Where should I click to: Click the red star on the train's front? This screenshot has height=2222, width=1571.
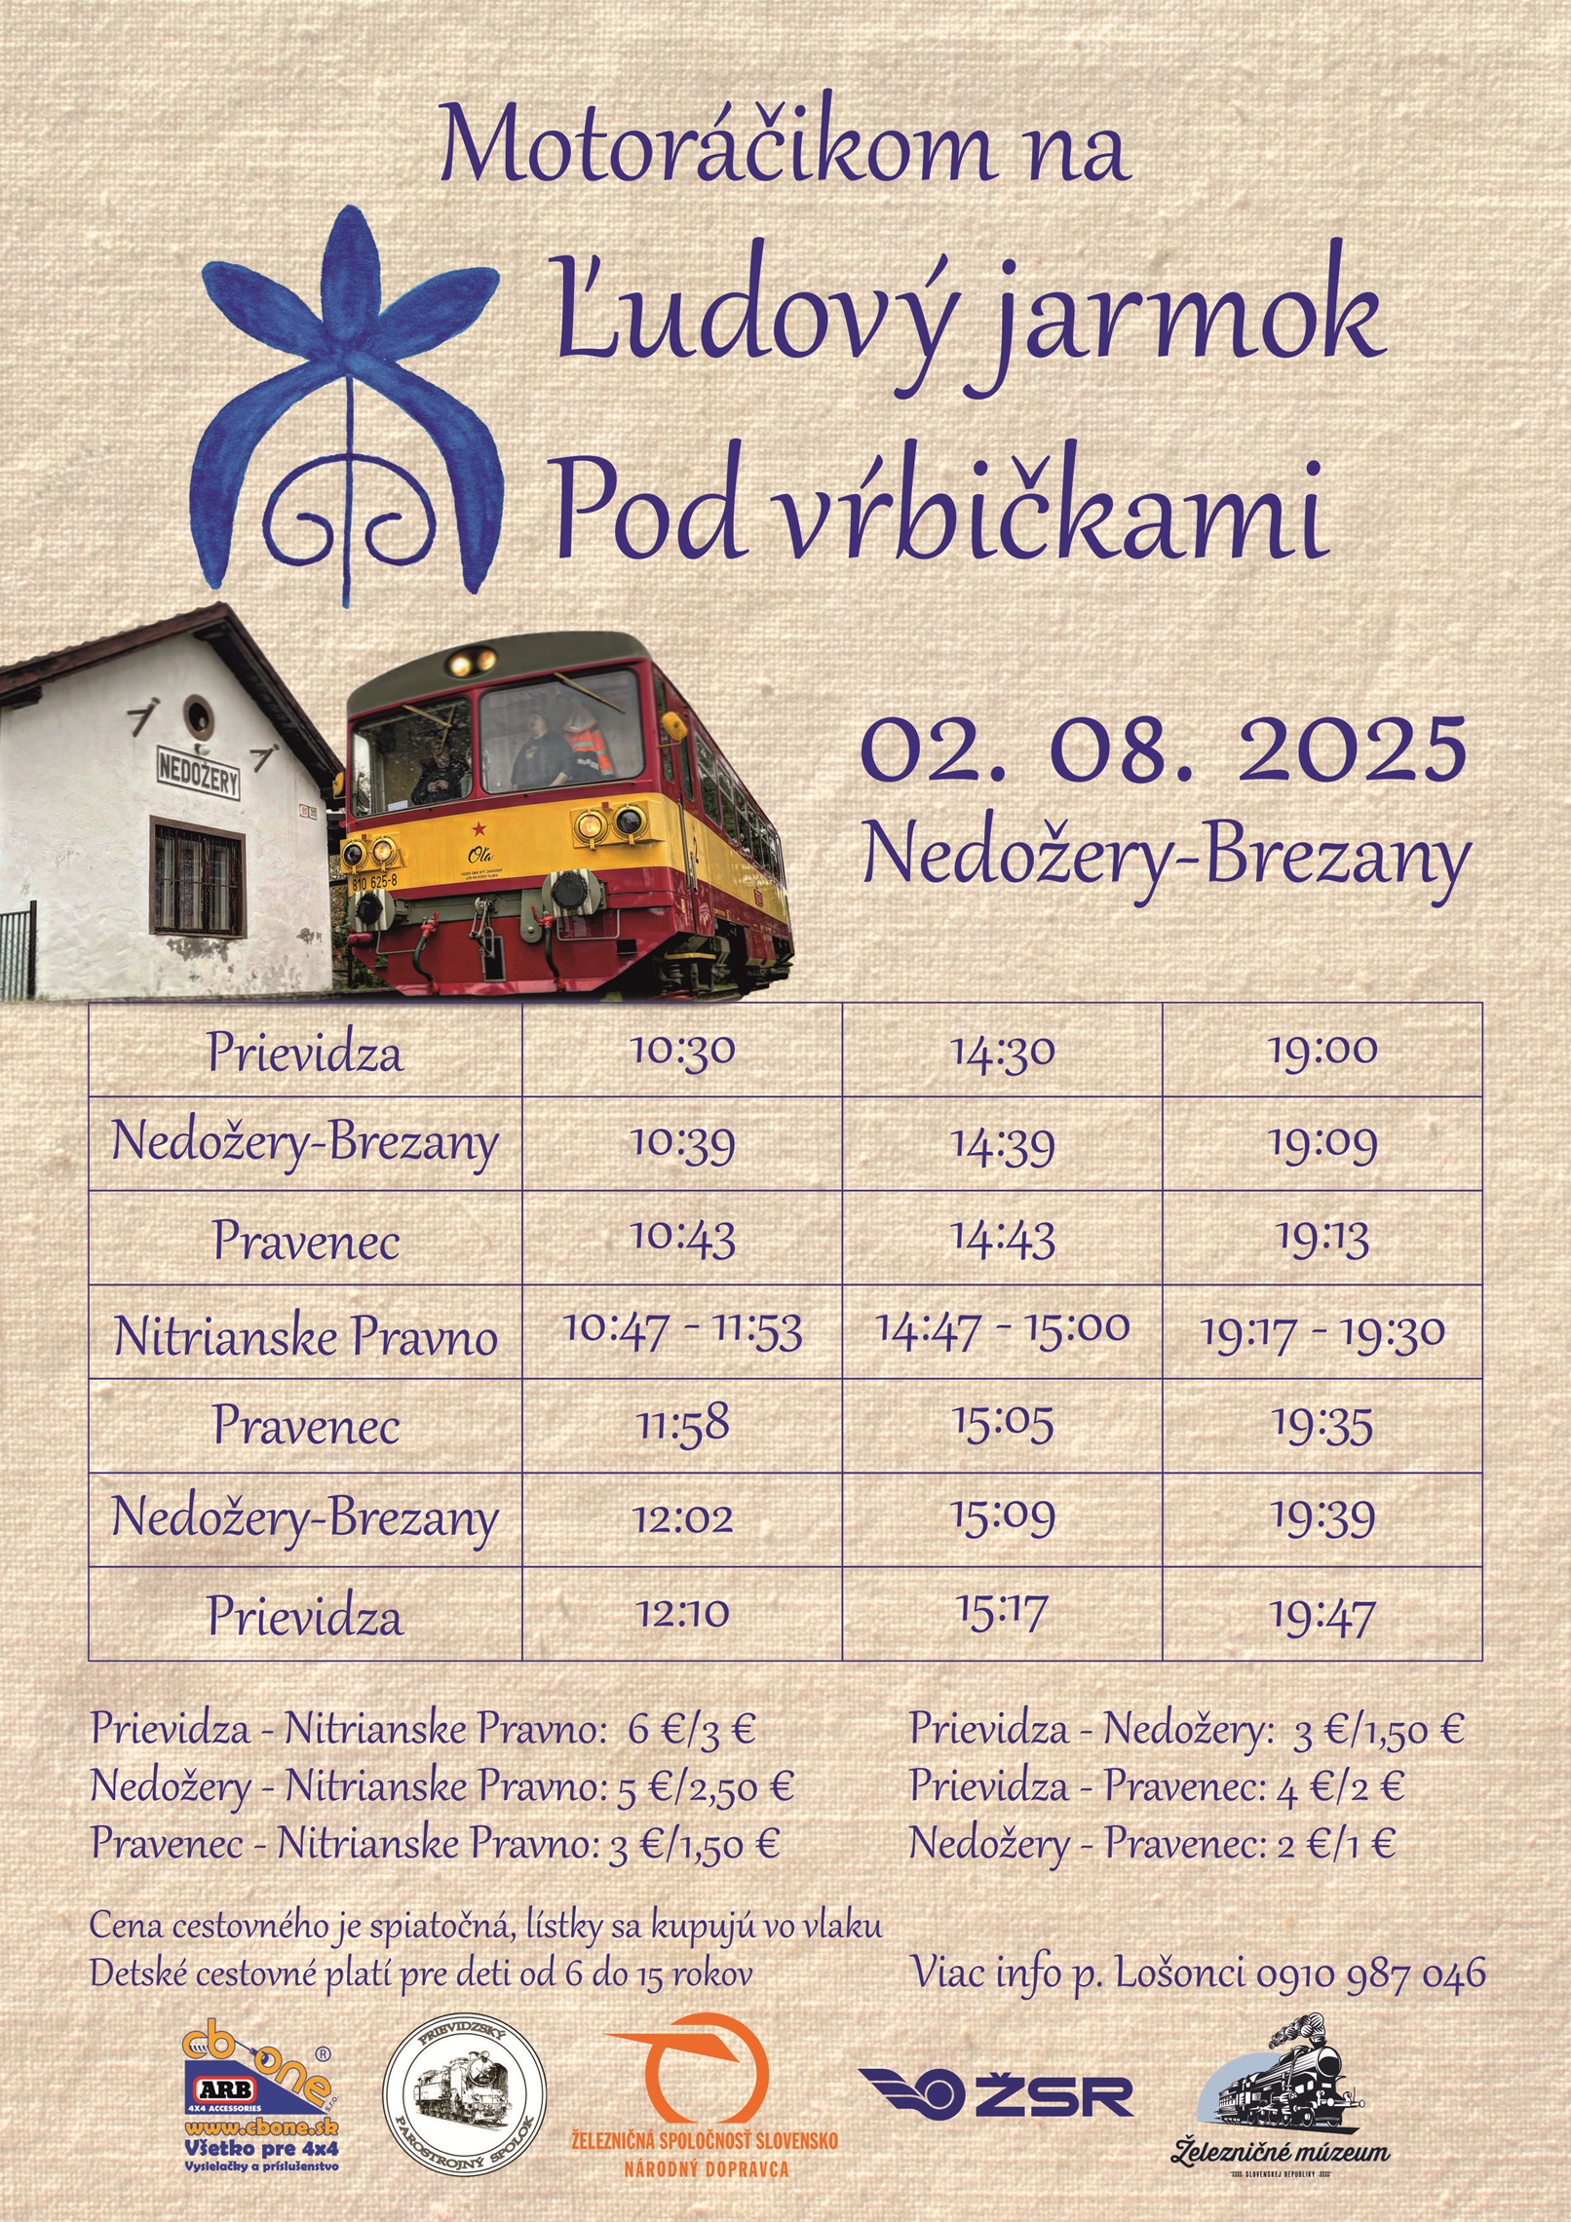479,829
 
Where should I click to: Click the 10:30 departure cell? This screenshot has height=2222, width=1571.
682,1050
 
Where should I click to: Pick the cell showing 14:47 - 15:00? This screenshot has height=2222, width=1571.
1002,1331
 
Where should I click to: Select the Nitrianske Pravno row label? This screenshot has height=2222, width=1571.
305,1335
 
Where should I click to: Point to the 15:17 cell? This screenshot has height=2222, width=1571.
1002,1613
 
